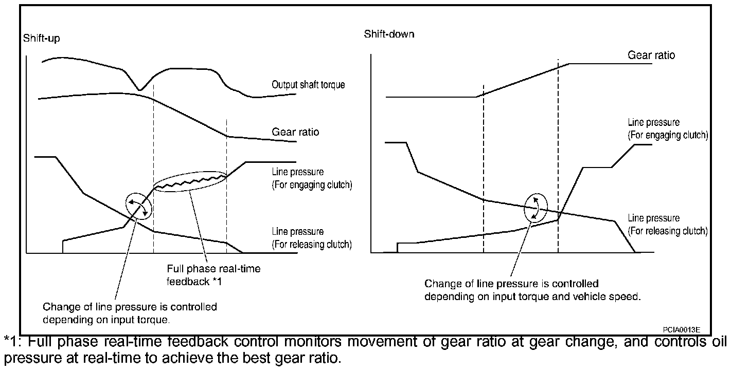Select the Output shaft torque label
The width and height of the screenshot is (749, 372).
[308, 85]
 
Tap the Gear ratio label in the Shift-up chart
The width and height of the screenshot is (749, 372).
[295, 132]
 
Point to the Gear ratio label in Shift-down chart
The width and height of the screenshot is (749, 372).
[651, 55]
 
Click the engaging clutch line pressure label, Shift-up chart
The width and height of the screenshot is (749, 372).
[312, 179]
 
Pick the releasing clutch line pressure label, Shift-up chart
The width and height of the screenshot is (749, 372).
[312, 238]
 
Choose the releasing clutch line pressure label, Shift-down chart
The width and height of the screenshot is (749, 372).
[668, 225]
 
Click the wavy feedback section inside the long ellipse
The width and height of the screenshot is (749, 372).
[190, 182]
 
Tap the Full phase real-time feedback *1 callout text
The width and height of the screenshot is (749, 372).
[213, 275]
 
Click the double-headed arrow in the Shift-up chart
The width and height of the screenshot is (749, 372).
[139, 205]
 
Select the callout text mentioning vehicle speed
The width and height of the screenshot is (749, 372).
[532, 290]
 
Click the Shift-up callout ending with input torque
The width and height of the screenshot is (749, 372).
[130, 313]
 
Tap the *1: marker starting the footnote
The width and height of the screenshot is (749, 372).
[12, 343]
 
